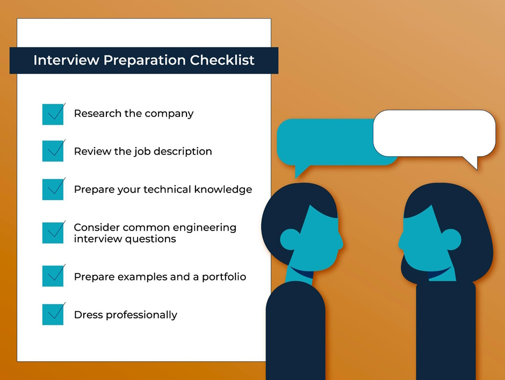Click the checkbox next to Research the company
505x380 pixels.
pos(53,114)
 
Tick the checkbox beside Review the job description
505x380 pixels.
pos(53,151)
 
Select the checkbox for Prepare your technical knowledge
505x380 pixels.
pos(53,189)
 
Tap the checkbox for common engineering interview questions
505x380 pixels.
pos(53,232)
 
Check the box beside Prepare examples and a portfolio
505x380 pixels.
pos(53,276)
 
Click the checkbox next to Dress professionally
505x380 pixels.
pos(53,314)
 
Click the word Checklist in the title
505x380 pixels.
pos(222,60)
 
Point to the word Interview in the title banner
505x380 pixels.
pos(66,60)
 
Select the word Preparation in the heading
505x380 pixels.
pos(145,61)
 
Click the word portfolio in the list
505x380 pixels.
pos(224,277)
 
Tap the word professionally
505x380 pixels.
pos(141,315)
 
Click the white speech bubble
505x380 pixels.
pos(434,134)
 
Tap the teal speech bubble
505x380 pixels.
pos(325,142)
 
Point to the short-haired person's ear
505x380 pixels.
pos(291,239)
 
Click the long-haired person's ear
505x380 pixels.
pos(451,239)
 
